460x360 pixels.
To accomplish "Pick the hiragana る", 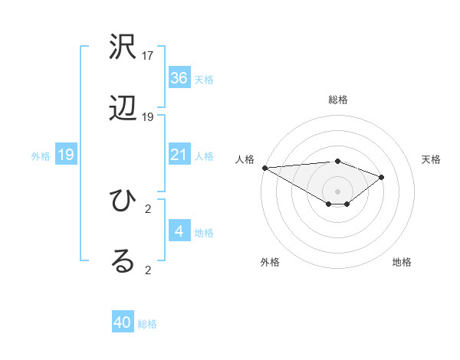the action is (x=123, y=261).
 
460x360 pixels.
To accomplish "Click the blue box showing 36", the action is (x=179, y=78).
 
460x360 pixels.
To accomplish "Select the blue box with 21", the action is (x=179, y=155).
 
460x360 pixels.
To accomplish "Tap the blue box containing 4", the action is (x=179, y=231).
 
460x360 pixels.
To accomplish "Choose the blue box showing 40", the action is (x=123, y=322).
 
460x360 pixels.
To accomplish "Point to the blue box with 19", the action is (x=66, y=155).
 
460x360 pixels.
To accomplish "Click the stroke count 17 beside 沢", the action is (x=148, y=56).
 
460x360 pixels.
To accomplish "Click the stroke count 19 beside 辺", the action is (x=148, y=117).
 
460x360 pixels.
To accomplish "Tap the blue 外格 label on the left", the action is (x=41, y=156).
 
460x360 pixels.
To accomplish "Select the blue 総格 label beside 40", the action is (x=148, y=324).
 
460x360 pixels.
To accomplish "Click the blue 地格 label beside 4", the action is (x=205, y=233).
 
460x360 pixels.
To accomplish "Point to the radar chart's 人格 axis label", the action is (x=245, y=159).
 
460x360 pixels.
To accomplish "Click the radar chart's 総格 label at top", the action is (x=338, y=100).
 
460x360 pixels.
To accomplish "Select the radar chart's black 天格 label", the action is (x=432, y=159).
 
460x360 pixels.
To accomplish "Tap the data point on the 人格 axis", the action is (x=264, y=168).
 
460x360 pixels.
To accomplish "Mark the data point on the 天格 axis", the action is (x=381, y=177).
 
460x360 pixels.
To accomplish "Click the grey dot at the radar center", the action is (x=338, y=191).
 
